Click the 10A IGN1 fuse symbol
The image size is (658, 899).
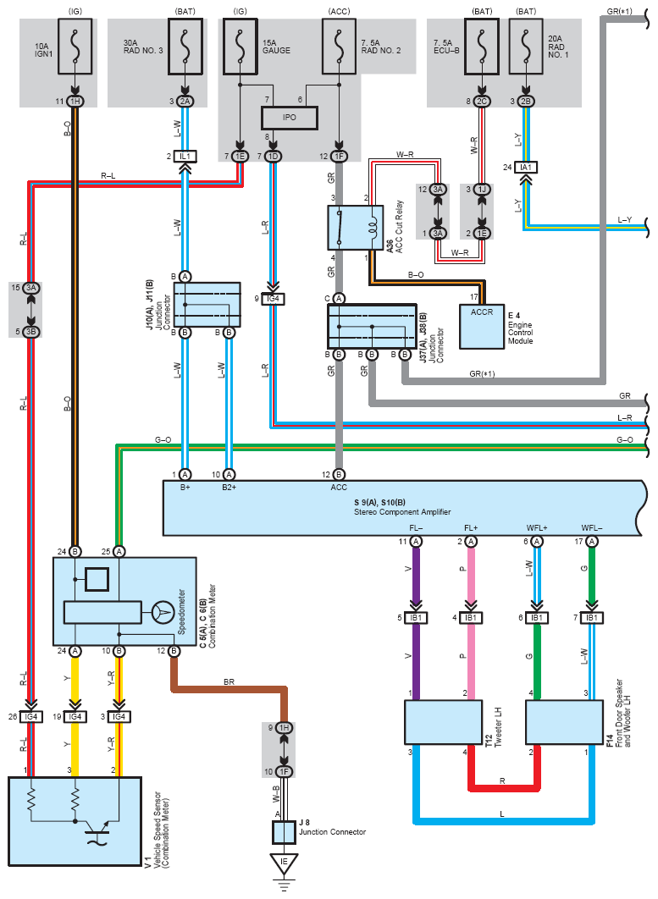click(x=75, y=47)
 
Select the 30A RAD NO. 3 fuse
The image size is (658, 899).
click(x=185, y=47)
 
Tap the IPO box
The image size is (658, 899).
click(x=290, y=118)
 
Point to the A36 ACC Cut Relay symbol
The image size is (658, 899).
click(x=355, y=228)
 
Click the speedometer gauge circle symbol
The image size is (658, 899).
click(x=163, y=612)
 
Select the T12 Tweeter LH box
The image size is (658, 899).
click(x=443, y=722)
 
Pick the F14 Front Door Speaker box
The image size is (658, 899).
click(x=565, y=722)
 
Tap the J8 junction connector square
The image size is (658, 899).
click(x=284, y=832)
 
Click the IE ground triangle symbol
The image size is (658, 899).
click(x=284, y=863)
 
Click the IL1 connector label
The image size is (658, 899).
click(x=185, y=156)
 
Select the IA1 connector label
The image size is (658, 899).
click(x=526, y=168)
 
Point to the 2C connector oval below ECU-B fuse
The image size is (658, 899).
click(x=482, y=102)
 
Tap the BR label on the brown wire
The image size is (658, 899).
click(x=229, y=681)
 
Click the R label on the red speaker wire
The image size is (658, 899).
click(x=502, y=780)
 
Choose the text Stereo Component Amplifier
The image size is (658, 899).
click(x=402, y=512)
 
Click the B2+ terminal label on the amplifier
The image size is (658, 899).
click(x=229, y=488)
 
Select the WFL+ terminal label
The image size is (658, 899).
click(x=537, y=528)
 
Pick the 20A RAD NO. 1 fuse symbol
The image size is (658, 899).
click(x=526, y=47)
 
